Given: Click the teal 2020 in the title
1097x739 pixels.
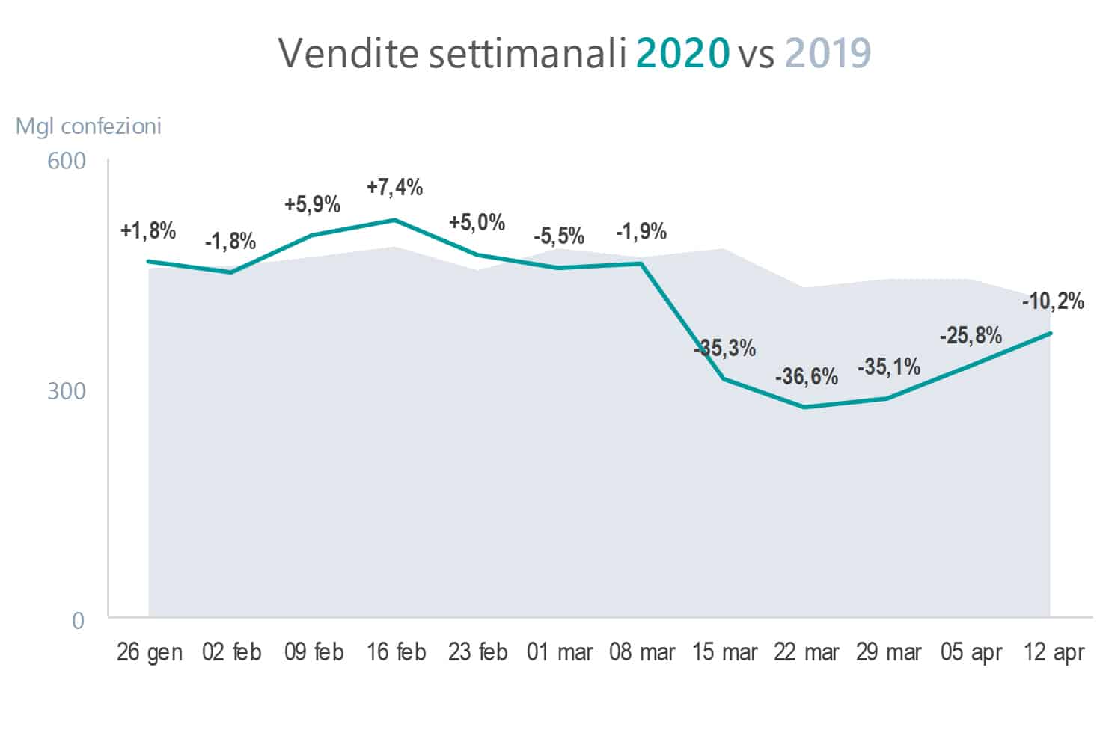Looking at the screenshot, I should pos(682,53).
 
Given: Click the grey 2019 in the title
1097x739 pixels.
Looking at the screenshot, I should pos(828,53).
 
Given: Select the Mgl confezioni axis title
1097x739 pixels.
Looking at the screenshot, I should pos(88,126).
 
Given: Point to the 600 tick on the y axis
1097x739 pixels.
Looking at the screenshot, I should pos(67,161).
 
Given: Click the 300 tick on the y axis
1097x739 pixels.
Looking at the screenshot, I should pos(67,391).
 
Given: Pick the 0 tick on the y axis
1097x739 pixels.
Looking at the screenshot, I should pos(78,621).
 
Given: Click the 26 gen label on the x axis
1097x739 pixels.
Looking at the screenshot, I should pos(150,652).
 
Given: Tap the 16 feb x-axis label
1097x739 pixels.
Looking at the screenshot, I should pos(396,652).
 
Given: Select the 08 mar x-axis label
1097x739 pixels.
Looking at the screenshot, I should pos(642,652).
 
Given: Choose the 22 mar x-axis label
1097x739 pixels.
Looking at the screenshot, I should pos(806,652).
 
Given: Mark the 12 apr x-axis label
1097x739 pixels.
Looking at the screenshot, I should pos(1053,652).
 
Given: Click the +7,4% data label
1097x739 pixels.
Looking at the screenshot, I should pos(394,187).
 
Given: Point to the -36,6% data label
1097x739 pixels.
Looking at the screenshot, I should pos(806,375).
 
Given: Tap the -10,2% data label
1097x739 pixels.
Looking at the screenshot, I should pos(1053,301).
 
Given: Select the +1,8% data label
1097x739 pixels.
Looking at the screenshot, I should pos(148,230).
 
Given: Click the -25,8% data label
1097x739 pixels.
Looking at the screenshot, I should pos(971,335).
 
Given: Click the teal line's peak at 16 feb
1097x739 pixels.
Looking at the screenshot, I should pos(395,220).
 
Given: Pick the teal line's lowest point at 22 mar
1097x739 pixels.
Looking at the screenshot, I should pos(805,407).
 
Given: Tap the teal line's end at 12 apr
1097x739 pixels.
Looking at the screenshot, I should pos(1051,333).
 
